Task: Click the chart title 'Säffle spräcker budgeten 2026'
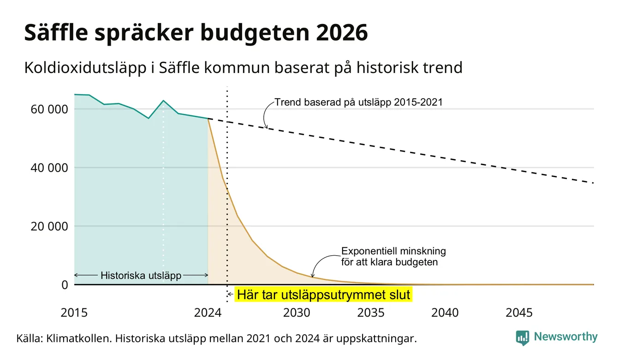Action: click(x=196, y=33)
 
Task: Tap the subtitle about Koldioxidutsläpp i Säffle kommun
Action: click(x=244, y=67)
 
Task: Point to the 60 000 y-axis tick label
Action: click(x=49, y=109)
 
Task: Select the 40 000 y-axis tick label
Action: click(x=49, y=168)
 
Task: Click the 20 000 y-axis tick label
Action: click(x=49, y=226)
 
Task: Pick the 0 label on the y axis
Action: click(x=65, y=285)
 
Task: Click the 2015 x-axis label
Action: click(x=74, y=313)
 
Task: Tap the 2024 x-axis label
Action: click(x=208, y=313)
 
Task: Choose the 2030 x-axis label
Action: click(x=297, y=313)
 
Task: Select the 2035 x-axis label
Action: click(x=371, y=313)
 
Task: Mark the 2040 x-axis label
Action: click(x=445, y=313)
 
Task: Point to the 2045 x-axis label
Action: click(x=519, y=313)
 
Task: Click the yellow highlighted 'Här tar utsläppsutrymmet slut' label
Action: click(x=323, y=294)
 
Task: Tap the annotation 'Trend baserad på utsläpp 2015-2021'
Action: click(x=358, y=102)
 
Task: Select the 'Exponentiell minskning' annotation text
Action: click(x=393, y=251)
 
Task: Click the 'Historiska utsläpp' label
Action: click(x=141, y=276)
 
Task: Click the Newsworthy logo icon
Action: click(x=522, y=338)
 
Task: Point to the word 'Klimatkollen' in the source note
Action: click(x=79, y=338)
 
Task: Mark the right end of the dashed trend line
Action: click(x=594, y=183)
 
